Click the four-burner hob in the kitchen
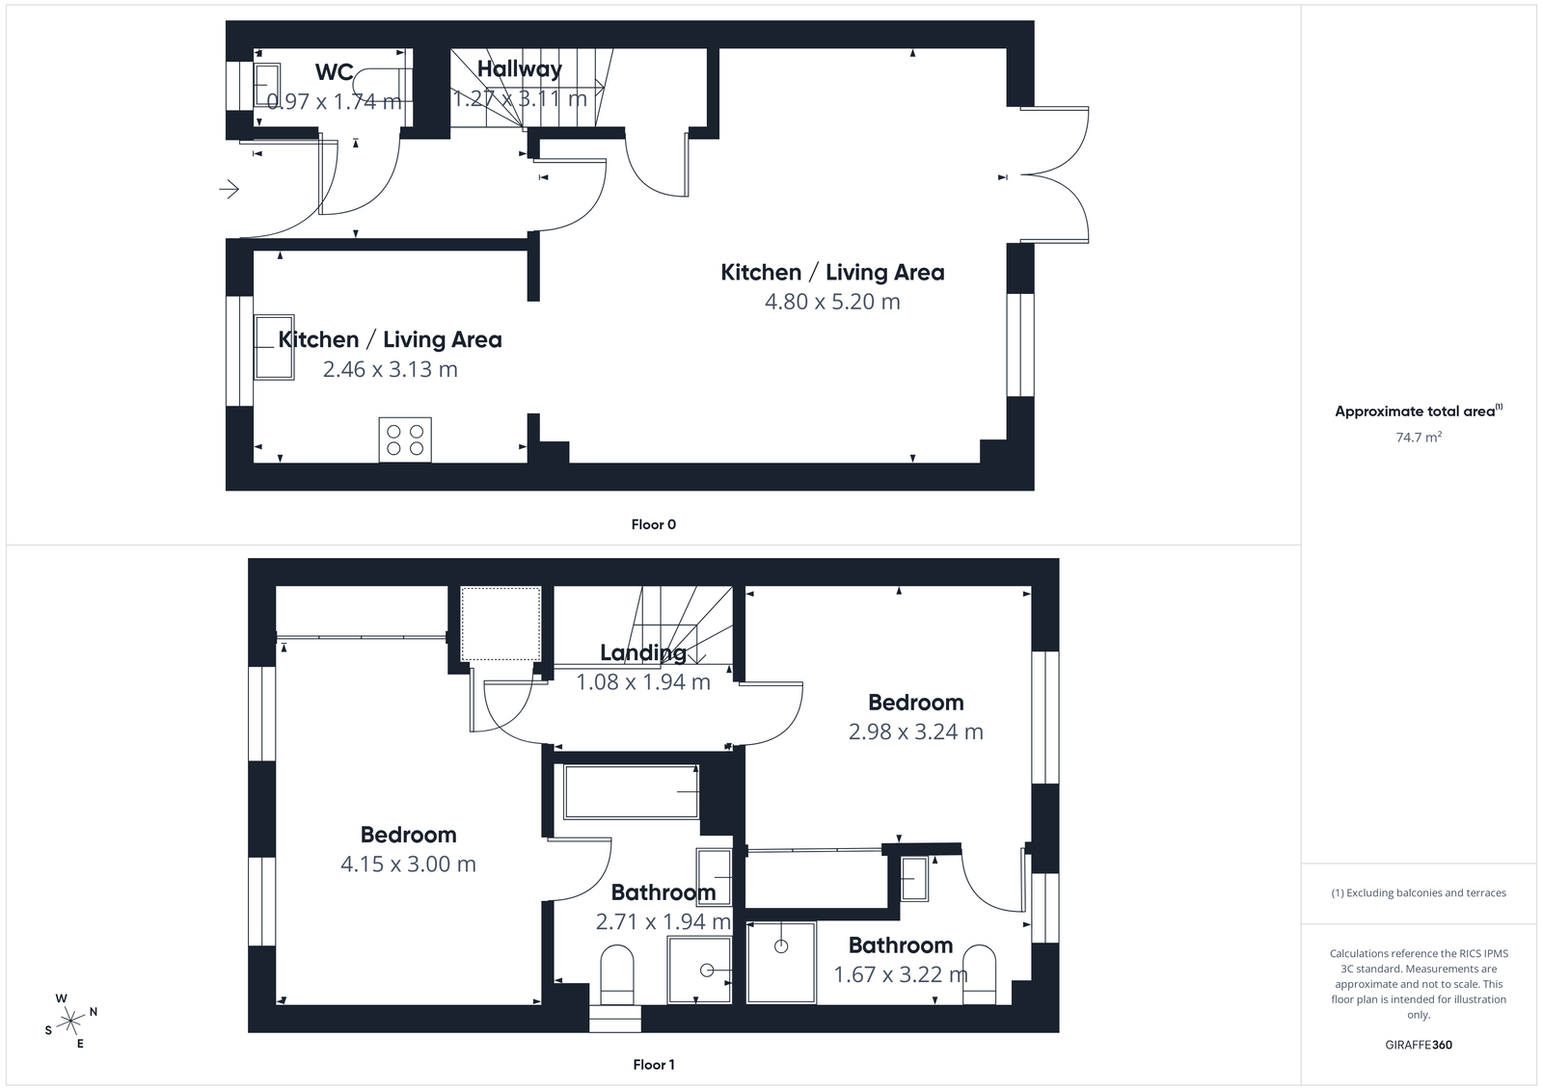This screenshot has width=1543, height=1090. click(x=405, y=439)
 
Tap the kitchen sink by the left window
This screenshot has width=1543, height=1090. click(x=274, y=347)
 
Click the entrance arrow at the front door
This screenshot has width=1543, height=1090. click(x=229, y=190)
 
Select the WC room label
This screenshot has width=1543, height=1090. click(x=334, y=72)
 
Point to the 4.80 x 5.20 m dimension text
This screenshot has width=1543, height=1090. click(x=832, y=302)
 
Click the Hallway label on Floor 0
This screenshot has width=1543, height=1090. click(x=519, y=69)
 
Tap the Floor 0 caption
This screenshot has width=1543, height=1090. click(x=653, y=524)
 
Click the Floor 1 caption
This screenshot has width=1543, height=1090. click(x=653, y=1064)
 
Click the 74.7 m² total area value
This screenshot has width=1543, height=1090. click(x=1419, y=438)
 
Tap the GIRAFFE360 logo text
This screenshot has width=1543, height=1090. click(x=1418, y=1045)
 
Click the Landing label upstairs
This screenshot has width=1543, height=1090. click(x=642, y=652)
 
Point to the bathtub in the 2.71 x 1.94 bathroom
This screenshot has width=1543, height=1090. click(x=631, y=792)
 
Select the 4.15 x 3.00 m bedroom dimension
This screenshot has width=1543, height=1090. click(x=408, y=864)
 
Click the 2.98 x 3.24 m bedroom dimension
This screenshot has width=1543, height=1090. click(x=915, y=732)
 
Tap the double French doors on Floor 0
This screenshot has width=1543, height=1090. click(x=1056, y=174)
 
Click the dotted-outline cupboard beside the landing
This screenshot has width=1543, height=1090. click(x=500, y=624)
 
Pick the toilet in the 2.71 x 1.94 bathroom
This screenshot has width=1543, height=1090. click(x=616, y=973)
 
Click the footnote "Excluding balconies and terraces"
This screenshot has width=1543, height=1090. click(x=1419, y=892)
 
